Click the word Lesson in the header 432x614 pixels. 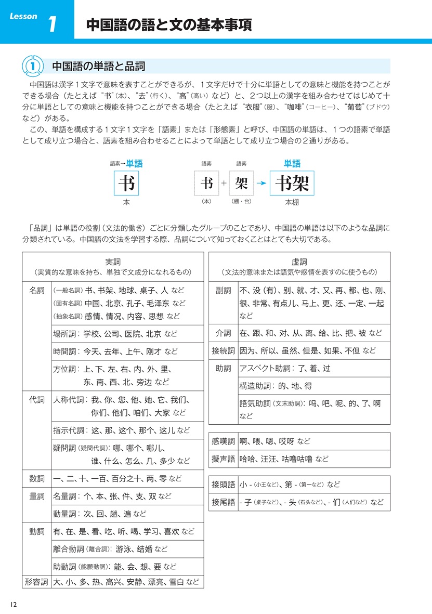tap(23, 16)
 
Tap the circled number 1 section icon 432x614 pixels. tap(32, 66)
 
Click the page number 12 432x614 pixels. tap(14, 604)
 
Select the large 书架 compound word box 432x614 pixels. tap(292, 182)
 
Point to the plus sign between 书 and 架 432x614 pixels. tap(224, 183)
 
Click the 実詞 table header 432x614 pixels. tap(113, 262)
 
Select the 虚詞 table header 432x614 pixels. tap(299, 262)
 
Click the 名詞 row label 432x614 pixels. tap(37, 290)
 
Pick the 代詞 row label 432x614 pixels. tap(37, 400)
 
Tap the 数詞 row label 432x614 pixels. tap(37, 478)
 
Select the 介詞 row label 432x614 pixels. tap(223, 333)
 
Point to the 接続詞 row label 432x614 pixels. tap(223, 350)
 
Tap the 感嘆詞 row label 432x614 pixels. tap(223, 441)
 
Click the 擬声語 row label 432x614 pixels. tap(223, 459)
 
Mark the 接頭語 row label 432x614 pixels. tap(223, 485)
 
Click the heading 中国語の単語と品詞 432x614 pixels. tap(98, 66)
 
